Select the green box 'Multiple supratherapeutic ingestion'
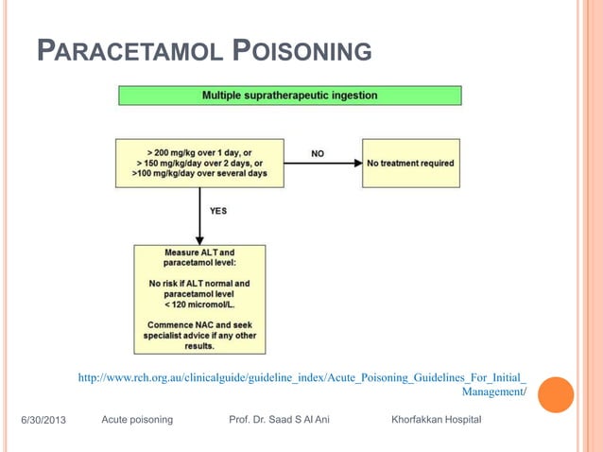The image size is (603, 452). pos(289,96)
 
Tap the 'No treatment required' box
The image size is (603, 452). pos(410,163)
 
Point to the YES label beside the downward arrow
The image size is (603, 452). pos(217,210)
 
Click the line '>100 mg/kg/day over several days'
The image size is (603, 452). pos(199,174)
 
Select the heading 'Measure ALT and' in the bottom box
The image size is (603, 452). pos(199,252)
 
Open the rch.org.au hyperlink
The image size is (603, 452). pos(301,378)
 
